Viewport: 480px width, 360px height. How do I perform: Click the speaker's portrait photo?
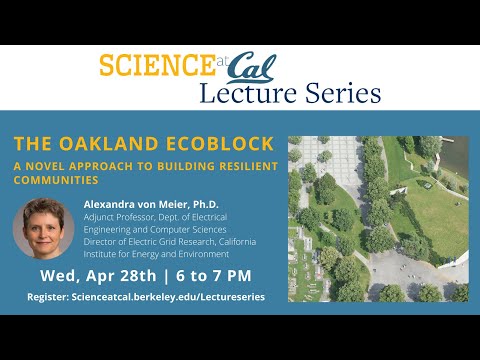coord(43,227)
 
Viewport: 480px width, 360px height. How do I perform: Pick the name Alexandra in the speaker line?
coord(113,204)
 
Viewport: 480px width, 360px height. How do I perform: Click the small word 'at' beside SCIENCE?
coord(222,61)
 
